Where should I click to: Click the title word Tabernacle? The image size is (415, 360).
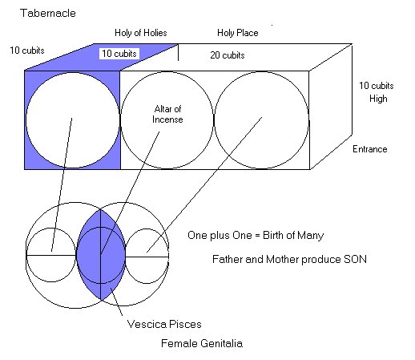(48, 13)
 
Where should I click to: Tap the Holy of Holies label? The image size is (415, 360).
(141, 33)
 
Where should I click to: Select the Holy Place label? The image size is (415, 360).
(238, 33)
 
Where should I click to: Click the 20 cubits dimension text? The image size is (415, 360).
(228, 55)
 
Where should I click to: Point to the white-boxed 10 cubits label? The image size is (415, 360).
(119, 54)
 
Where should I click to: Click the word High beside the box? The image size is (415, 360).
(378, 99)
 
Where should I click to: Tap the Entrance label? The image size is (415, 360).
(370, 149)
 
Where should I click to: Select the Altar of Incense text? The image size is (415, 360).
(167, 114)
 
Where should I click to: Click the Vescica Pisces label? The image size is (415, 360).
(164, 324)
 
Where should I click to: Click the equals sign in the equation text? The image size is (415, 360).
(257, 236)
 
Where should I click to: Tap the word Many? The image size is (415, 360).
(311, 236)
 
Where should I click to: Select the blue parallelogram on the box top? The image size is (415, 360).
(102, 57)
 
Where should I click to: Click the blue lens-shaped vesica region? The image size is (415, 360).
(101, 254)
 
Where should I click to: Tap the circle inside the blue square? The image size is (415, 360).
(26, 120)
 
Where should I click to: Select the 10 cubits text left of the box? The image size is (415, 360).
(27, 51)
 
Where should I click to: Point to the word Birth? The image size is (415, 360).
(273, 235)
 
